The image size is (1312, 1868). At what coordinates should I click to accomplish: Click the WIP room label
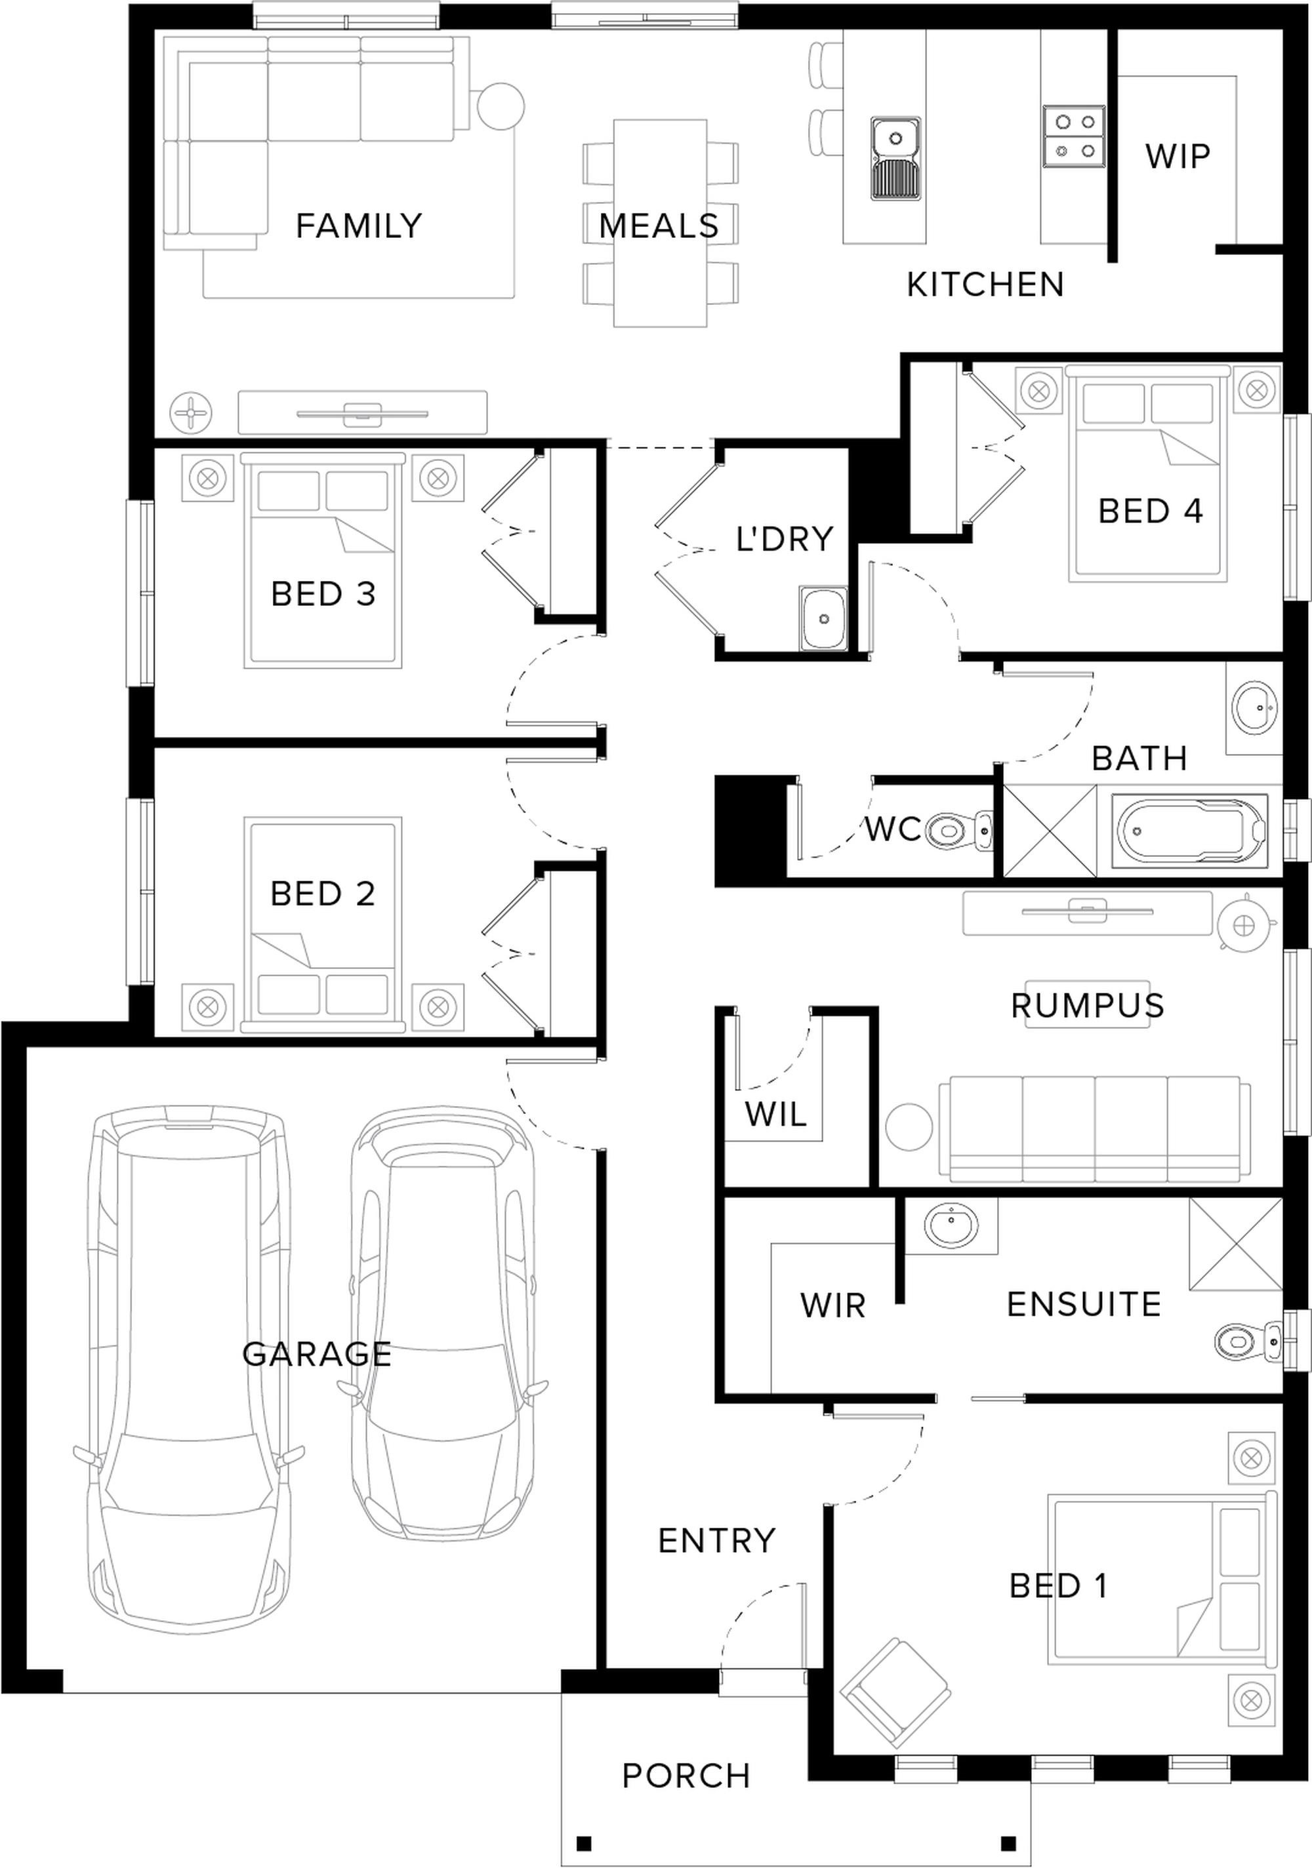(1177, 155)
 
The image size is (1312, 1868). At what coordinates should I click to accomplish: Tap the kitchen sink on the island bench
(895, 159)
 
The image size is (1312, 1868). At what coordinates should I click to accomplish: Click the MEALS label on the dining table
(659, 226)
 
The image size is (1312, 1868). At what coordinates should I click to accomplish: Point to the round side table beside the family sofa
(501, 107)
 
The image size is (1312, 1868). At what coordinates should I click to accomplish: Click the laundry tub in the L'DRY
(824, 618)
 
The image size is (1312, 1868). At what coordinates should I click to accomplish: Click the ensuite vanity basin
(951, 1223)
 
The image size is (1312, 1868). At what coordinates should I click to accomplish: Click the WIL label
(775, 1114)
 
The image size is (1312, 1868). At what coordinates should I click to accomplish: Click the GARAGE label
(317, 1355)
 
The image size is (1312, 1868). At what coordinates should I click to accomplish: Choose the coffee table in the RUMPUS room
(1086, 1004)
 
